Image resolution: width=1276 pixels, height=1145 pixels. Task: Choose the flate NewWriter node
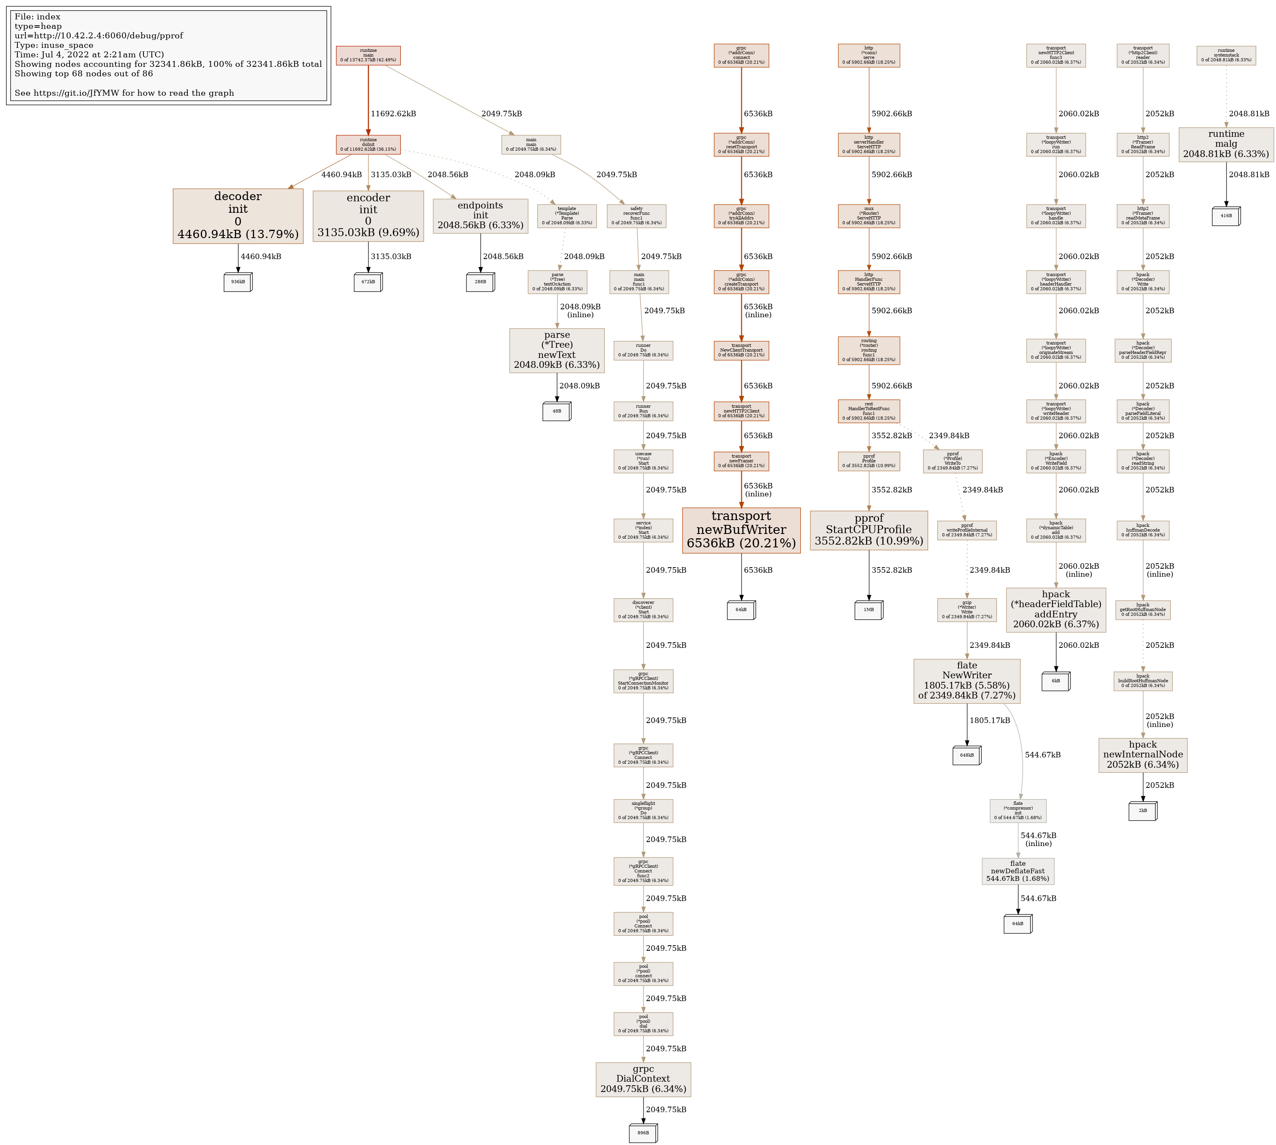point(966,681)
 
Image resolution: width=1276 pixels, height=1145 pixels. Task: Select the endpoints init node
point(480,216)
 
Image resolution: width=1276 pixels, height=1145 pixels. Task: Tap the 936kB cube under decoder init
point(238,282)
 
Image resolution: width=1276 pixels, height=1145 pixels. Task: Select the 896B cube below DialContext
point(643,1133)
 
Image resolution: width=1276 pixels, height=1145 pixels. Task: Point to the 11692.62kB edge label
point(393,114)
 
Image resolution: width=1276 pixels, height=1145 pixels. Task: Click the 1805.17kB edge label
point(989,720)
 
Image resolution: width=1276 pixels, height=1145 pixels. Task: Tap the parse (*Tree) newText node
point(557,350)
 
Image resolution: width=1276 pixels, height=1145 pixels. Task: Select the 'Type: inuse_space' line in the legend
point(54,45)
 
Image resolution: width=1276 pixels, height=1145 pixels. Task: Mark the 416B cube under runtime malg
point(1226,216)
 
